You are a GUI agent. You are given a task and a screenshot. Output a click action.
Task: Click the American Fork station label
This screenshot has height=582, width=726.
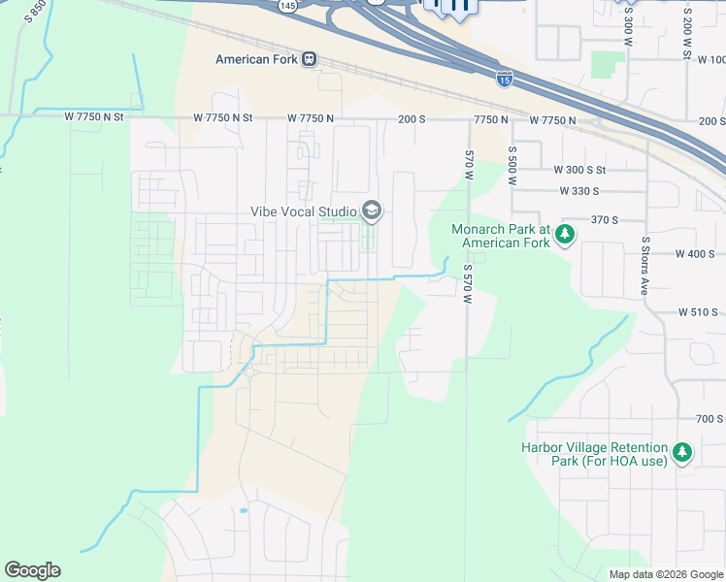tap(256, 59)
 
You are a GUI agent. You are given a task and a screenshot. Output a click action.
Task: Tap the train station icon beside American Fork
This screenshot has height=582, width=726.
tap(310, 59)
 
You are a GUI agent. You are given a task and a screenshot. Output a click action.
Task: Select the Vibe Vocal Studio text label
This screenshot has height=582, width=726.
tap(302, 210)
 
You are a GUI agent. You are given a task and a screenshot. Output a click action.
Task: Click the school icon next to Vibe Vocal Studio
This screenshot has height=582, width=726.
tap(371, 210)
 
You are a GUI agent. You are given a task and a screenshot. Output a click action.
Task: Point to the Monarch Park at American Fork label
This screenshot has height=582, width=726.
tap(501, 236)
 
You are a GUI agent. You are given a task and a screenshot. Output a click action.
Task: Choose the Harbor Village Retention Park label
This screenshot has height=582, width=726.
tap(594, 454)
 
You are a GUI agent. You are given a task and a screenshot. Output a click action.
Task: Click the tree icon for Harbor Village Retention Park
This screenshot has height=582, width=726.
tap(682, 453)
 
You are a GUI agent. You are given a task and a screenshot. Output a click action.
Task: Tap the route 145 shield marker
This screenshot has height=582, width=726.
tap(287, 6)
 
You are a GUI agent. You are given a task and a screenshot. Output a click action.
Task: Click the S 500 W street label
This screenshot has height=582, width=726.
tap(511, 166)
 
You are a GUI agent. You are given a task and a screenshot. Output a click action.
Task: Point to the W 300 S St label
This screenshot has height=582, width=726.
tap(579, 170)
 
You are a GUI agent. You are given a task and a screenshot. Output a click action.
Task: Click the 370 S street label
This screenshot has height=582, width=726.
tap(603, 220)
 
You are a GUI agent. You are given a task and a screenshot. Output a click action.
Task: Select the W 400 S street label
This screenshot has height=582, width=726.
tap(693, 253)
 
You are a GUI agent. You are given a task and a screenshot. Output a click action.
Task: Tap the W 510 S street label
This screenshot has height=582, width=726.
tap(698, 312)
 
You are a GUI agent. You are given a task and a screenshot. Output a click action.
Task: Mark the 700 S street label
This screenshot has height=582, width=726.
tap(709, 419)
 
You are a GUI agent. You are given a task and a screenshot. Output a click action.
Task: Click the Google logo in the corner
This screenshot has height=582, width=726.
tap(32, 570)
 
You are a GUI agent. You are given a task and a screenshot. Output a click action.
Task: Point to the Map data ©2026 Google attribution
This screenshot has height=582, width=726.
tap(665, 574)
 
